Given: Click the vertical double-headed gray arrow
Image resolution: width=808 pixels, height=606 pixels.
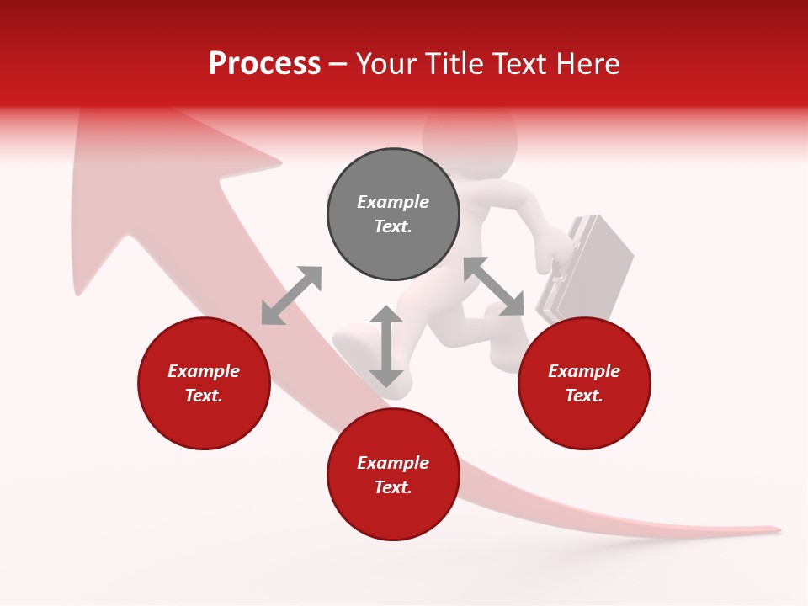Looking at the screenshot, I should pyautogui.click(x=386, y=346).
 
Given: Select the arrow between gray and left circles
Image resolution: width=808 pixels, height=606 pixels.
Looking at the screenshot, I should pyautogui.click(x=291, y=295).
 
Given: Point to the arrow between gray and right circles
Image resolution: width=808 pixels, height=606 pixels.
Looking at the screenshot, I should pyautogui.click(x=494, y=286).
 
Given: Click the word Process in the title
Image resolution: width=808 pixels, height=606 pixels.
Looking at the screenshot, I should pyautogui.click(x=264, y=63).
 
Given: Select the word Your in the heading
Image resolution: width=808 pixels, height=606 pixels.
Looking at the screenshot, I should pyautogui.click(x=385, y=63).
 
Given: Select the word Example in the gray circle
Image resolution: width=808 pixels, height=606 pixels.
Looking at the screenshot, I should pyautogui.click(x=393, y=202).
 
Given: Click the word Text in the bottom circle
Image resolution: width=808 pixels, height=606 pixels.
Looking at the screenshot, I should pyautogui.click(x=391, y=487).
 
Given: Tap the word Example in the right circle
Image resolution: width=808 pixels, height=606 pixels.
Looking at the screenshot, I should pyautogui.click(x=584, y=371).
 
